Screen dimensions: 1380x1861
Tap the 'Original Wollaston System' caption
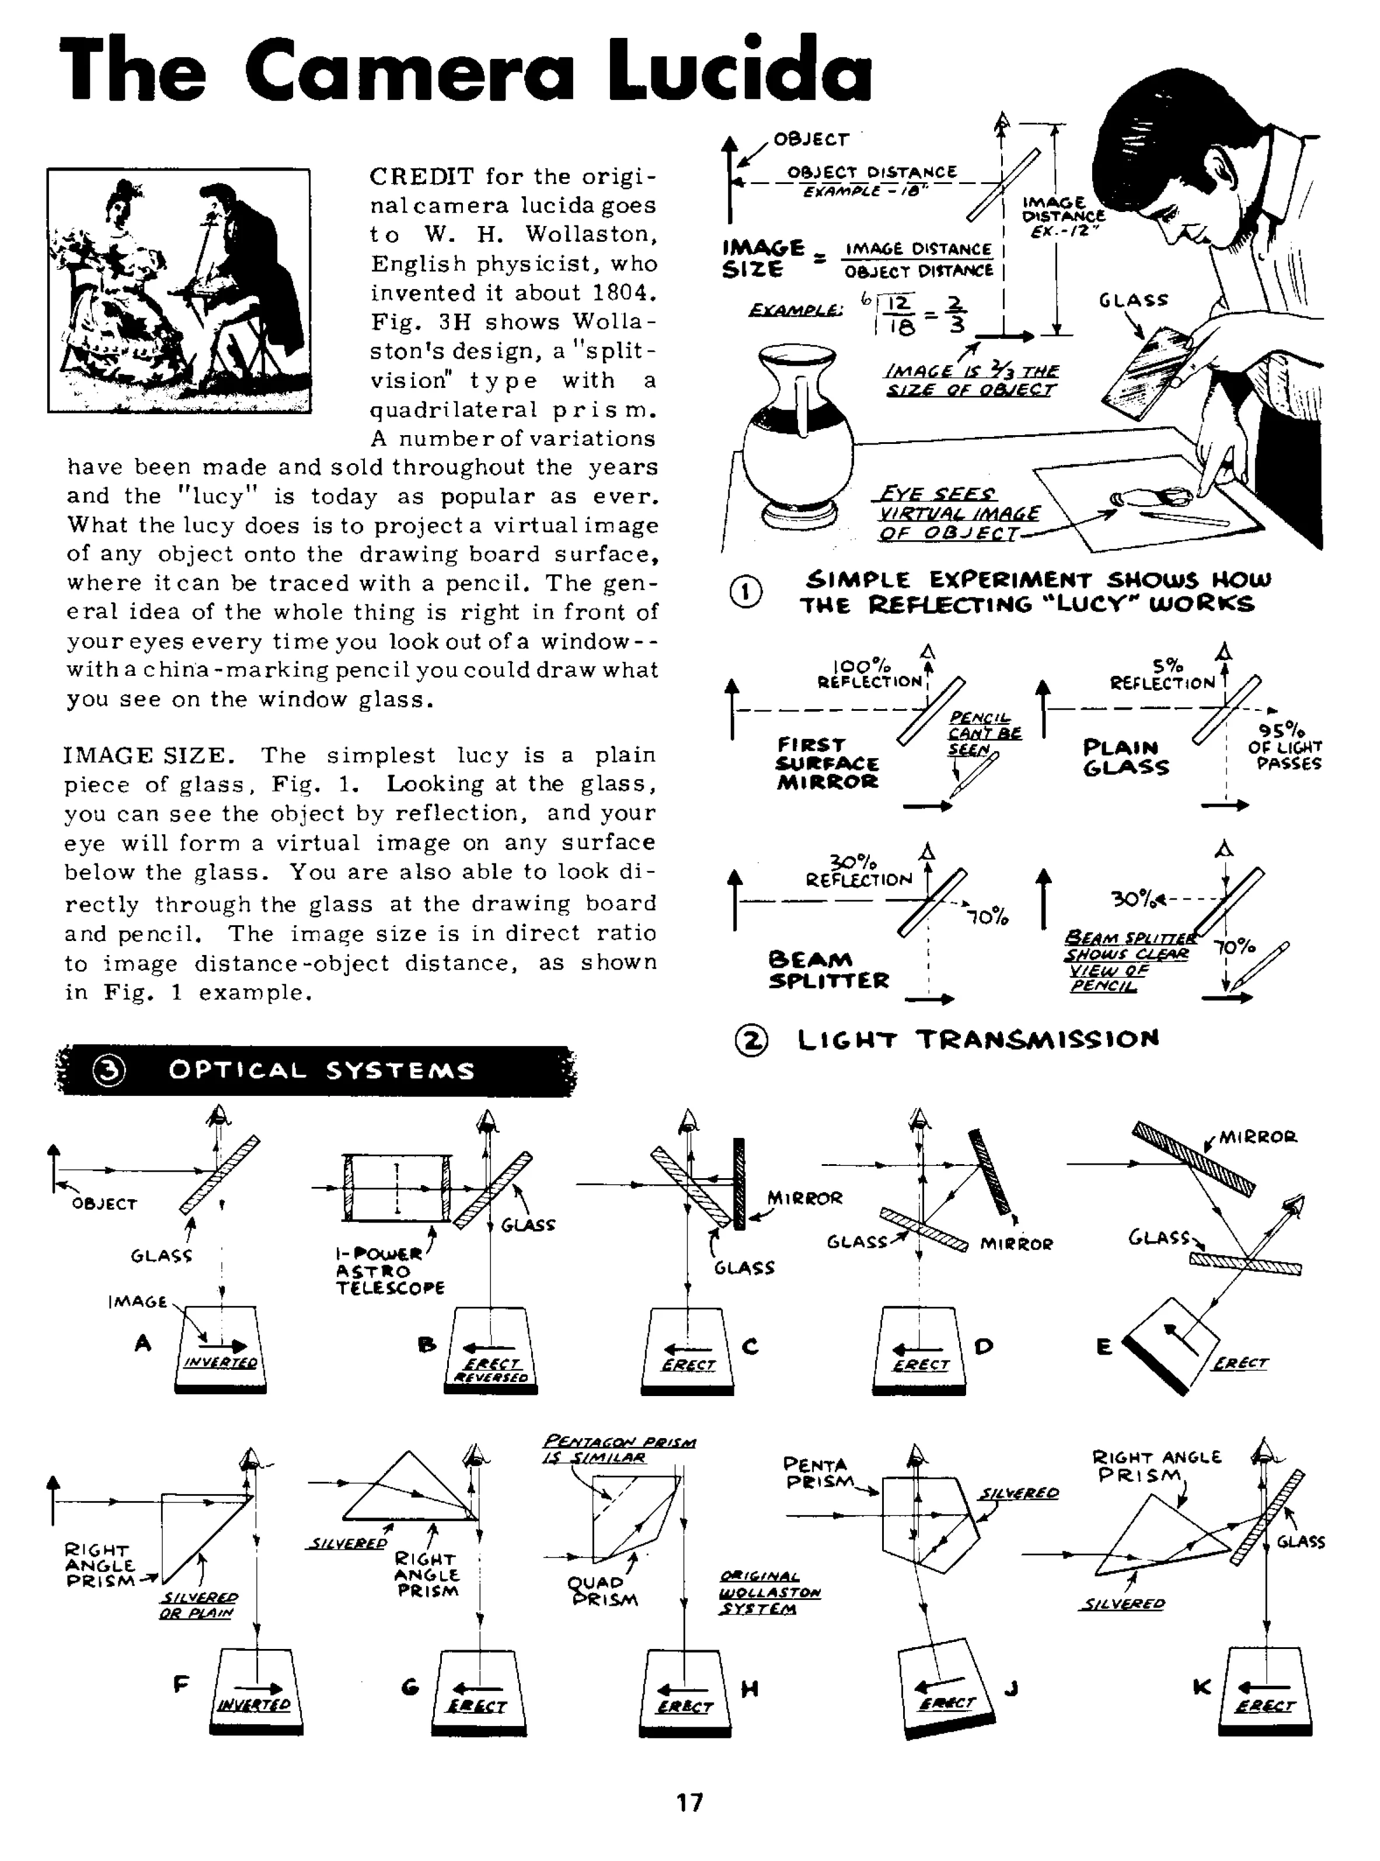click(x=769, y=1592)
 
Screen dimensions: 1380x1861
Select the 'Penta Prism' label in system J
click(x=817, y=1473)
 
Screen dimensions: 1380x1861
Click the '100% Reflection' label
click(x=869, y=673)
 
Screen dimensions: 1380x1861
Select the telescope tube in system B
click(x=398, y=1188)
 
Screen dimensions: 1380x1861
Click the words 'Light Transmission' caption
click(x=978, y=1040)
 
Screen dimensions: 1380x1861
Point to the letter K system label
click(x=1202, y=1687)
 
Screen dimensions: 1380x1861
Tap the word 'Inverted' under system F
click(x=254, y=1704)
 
